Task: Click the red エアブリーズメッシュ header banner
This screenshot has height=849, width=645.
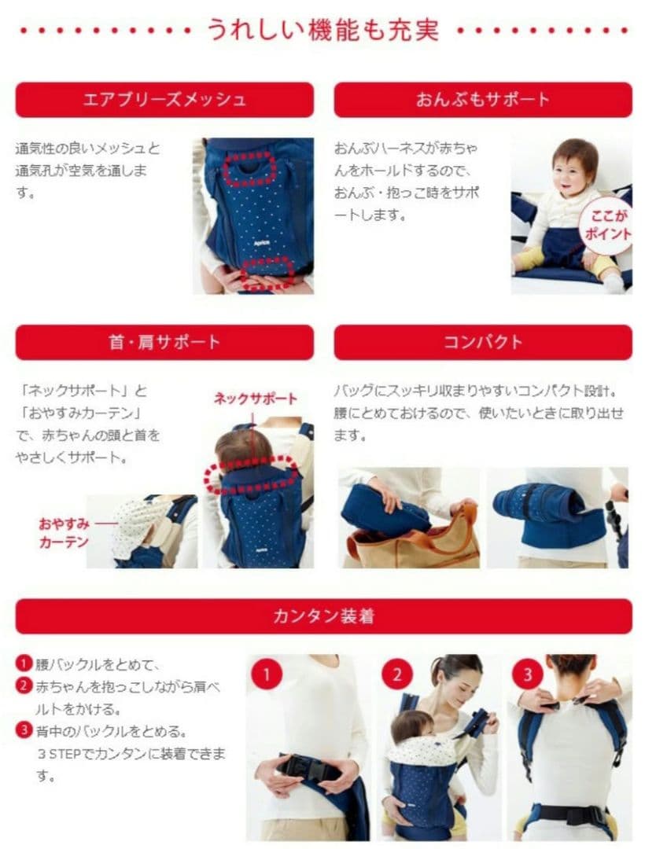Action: coord(164,100)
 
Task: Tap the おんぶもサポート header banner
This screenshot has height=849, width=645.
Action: coord(482,100)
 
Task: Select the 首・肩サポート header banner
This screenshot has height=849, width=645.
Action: coord(164,342)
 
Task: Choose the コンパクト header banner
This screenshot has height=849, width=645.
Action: coord(482,342)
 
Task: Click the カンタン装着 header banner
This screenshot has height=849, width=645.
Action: coord(323,616)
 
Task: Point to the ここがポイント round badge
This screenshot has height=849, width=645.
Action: coord(606,226)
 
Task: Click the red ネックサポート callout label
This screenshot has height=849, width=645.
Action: coord(255,399)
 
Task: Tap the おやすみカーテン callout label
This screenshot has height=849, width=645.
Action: coord(64,533)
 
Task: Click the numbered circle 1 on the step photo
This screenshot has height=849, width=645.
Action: coord(267,674)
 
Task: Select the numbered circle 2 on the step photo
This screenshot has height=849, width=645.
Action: coord(397,674)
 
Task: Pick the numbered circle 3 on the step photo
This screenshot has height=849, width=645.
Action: coord(528,674)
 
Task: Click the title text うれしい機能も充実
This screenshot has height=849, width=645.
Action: coord(323,30)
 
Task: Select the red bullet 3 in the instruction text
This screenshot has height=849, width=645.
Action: coord(24,730)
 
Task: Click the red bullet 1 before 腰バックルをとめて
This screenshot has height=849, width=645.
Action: coord(24,663)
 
